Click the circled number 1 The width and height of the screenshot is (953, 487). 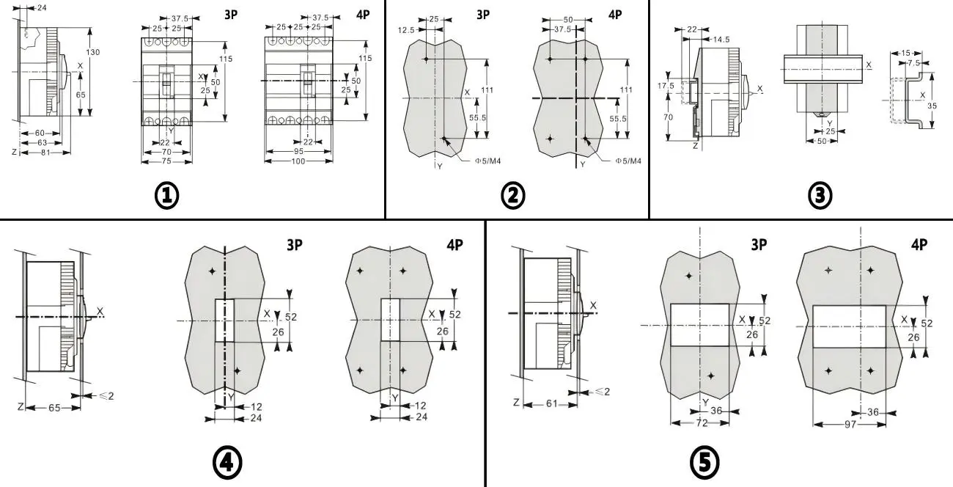click(x=167, y=196)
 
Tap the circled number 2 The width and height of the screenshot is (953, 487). click(x=512, y=196)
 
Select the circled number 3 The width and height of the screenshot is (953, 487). click(x=820, y=196)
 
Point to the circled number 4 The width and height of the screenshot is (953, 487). click(x=227, y=462)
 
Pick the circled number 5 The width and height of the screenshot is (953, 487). click(x=704, y=462)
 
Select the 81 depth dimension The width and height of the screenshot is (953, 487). click(x=45, y=153)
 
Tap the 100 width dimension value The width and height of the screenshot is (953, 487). click(x=298, y=161)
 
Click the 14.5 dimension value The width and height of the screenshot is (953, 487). click(x=720, y=38)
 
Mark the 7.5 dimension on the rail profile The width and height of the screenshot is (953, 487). click(x=913, y=63)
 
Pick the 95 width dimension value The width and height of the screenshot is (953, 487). click(x=298, y=151)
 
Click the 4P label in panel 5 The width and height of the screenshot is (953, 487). click(x=919, y=243)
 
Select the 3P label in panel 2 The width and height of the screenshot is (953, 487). click(x=483, y=14)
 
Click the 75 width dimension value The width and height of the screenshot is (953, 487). click(x=167, y=161)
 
